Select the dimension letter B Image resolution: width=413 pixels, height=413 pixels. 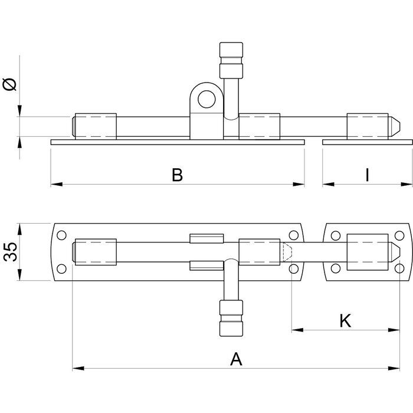point(177,175)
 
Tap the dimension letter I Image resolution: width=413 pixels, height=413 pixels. point(367,175)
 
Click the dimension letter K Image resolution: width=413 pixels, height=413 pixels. point(346,320)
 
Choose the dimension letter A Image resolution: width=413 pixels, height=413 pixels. point(236,358)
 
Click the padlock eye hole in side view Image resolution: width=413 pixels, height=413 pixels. point(206,100)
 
